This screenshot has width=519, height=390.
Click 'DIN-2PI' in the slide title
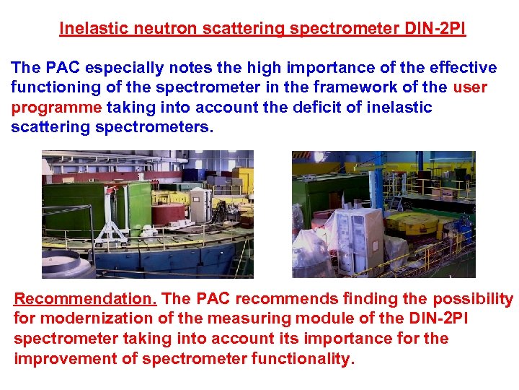[432, 29]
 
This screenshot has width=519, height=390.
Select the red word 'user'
[471, 87]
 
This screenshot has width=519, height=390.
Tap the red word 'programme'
[56, 107]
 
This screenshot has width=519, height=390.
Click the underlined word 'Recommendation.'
[85, 299]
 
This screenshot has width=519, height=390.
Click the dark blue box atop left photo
[191, 174]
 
